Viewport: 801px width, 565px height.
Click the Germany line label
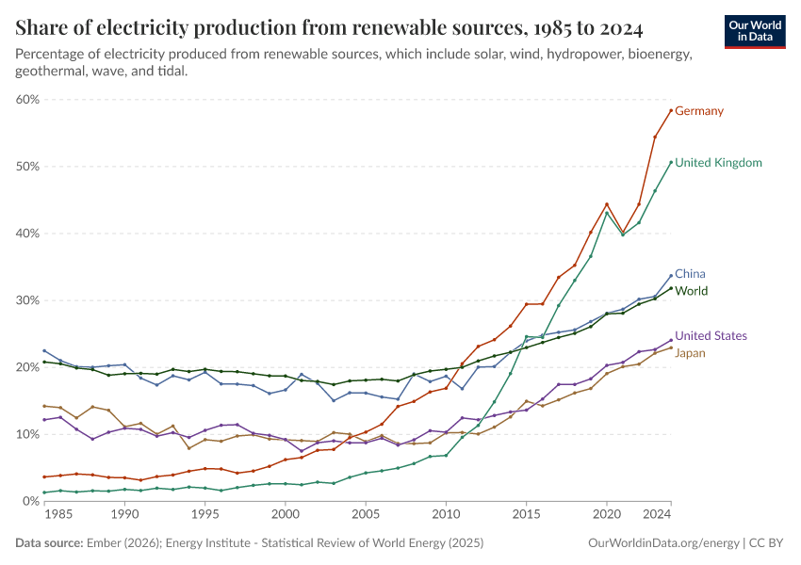pyautogui.click(x=699, y=111)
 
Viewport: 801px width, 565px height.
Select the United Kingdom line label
pyautogui.click(x=718, y=163)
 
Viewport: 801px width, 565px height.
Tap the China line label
pyautogui.click(x=690, y=274)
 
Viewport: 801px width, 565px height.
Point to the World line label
pyautogui.click(x=691, y=291)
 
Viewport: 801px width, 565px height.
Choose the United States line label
pyautogui.click(x=711, y=336)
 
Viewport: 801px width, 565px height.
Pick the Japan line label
pyautogui.click(x=691, y=353)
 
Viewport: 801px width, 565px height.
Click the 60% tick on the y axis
pyautogui.click(x=26, y=99)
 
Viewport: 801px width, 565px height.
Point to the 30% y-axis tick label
pyautogui.click(x=26, y=300)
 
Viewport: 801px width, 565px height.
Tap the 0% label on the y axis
pyautogui.click(x=30, y=501)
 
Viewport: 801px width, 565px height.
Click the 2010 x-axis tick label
pyautogui.click(x=445, y=515)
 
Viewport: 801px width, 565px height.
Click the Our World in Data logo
pyautogui.click(x=755, y=31)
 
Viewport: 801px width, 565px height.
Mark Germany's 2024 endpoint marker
pyautogui.click(x=671, y=110)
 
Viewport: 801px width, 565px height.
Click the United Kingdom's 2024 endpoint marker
pyautogui.click(x=671, y=162)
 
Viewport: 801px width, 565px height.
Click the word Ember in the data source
pyautogui.click(x=101, y=543)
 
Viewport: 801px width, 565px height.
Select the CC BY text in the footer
pyautogui.click(x=767, y=543)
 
